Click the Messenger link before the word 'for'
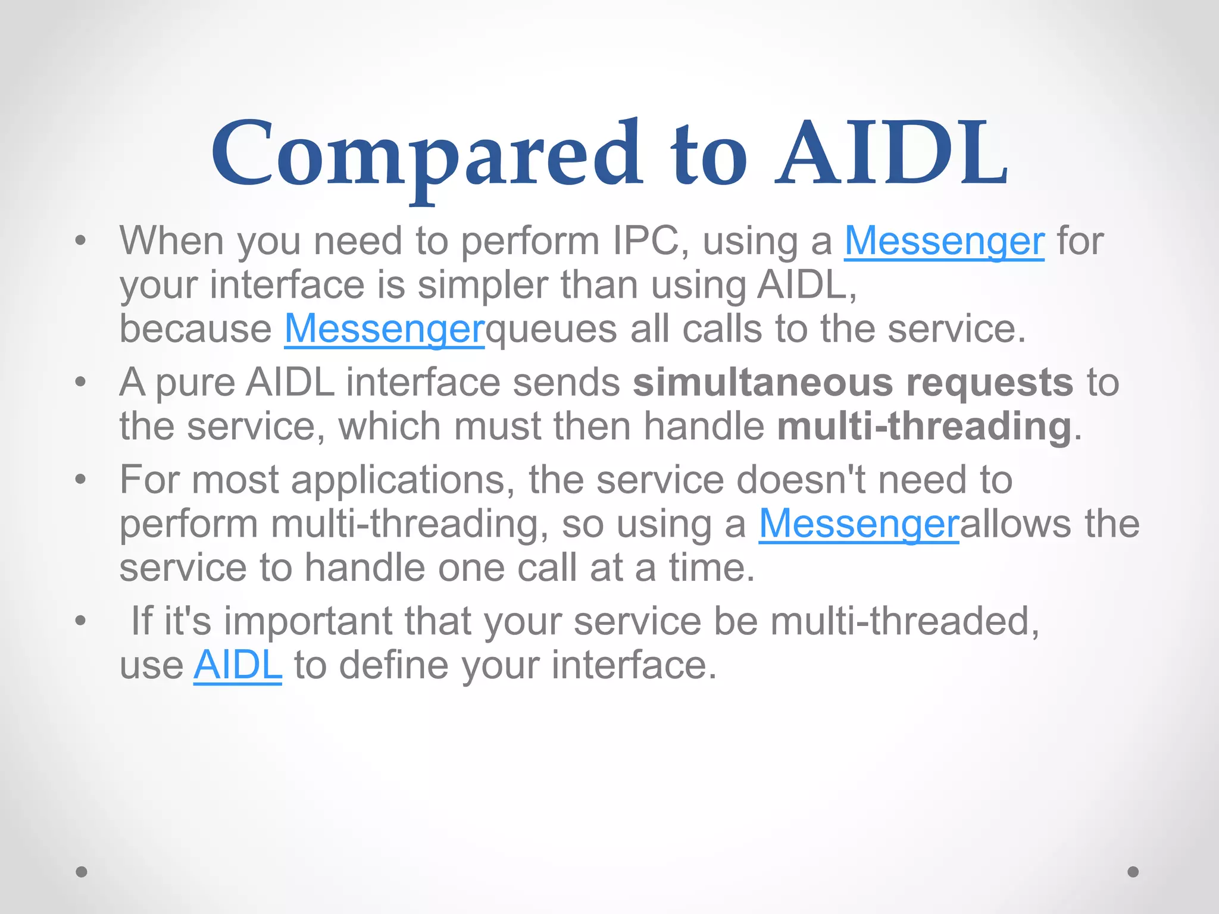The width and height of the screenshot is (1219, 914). (943, 241)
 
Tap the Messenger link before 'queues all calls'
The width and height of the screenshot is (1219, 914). (385, 329)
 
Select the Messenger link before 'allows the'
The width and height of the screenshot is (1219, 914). (858, 524)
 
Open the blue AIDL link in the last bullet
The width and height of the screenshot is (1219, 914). (237, 665)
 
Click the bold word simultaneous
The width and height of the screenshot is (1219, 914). (762, 383)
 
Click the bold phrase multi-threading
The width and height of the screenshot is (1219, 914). (924, 427)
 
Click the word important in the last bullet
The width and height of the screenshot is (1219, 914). (308, 621)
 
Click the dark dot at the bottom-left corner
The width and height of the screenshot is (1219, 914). (82, 872)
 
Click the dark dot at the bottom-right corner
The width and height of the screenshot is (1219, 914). (1133, 872)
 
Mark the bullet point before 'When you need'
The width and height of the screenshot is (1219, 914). (81, 241)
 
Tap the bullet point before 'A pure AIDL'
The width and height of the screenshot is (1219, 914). (81, 383)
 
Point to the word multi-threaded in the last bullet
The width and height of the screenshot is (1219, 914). (904, 621)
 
